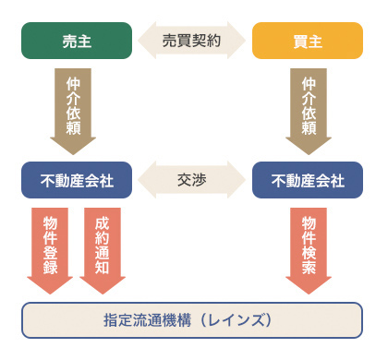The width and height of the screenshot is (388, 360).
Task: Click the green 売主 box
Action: (76, 41)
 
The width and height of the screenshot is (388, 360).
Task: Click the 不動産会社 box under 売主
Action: (76, 179)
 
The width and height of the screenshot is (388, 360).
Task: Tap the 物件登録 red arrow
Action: (50, 245)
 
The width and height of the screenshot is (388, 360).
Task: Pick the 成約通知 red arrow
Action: (102, 245)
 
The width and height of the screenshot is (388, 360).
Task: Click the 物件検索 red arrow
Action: (309, 245)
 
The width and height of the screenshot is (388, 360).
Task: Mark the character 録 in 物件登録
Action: (50, 268)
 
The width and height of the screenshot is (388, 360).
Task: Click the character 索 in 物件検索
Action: (309, 268)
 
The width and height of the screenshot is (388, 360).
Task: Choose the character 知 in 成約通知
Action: (102, 268)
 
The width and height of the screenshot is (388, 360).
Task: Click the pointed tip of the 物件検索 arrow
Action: (309, 292)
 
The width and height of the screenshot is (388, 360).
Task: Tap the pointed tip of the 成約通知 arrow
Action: (102, 292)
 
